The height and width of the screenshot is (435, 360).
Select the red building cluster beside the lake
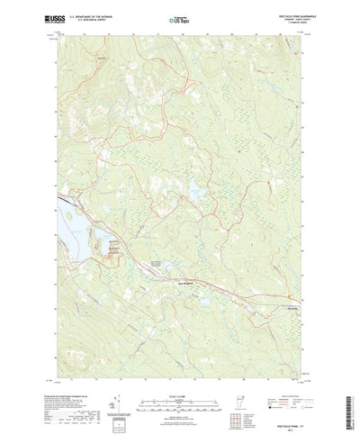114,255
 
